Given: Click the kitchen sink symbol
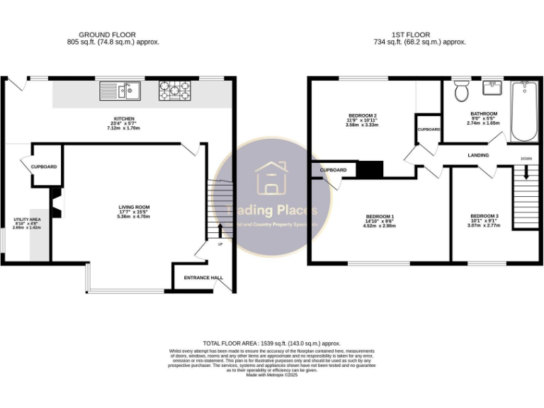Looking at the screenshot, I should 120,90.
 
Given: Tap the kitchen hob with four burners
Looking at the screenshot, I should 175,90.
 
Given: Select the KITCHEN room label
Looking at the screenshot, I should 124,118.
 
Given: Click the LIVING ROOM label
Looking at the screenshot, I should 134,207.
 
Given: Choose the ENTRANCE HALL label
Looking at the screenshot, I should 203,278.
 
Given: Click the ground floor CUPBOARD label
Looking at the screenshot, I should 43,167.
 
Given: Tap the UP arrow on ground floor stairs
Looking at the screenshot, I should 220,232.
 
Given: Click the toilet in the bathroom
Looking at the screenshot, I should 463,91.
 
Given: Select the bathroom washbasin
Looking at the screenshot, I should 492,89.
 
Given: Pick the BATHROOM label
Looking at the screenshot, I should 484,113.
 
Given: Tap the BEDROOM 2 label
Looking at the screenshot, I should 362,115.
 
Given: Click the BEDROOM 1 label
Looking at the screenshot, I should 380,217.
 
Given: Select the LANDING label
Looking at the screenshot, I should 479,154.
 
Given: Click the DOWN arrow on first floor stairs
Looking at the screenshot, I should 526,171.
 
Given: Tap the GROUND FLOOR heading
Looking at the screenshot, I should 107,35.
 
